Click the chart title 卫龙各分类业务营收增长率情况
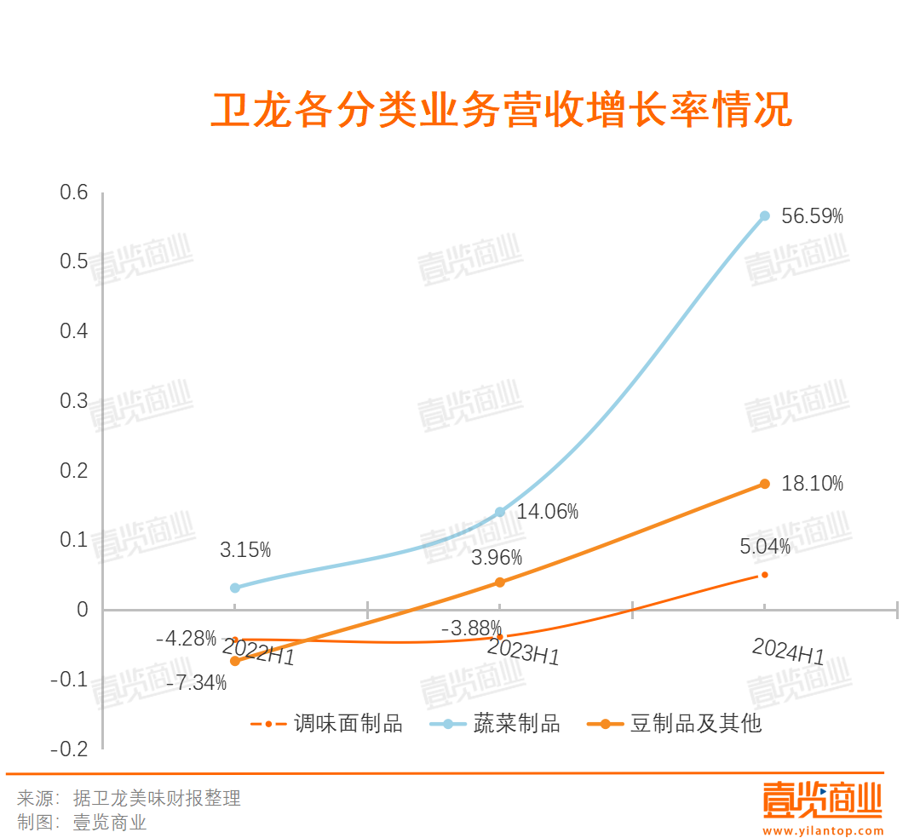[x=501, y=111]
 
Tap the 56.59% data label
[x=812, y=216]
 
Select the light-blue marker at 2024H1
[x=764, y=216]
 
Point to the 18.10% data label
[x=812, y=485]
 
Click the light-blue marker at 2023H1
[x=500, y=513]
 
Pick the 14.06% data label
[x=547, y=512]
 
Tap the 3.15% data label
[x=245, y=550]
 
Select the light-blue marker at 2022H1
[x=235, y=588]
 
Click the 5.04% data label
[x=764, y=547]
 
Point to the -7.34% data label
[x=196, y=682]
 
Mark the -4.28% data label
[x=186, y=637]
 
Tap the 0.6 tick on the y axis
[x=74, y=192]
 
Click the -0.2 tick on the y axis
[x=70, y=749]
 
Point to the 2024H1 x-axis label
[x=788, y=652]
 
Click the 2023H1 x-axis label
[x=523, y=652]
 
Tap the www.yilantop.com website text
[x=823, y=830]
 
